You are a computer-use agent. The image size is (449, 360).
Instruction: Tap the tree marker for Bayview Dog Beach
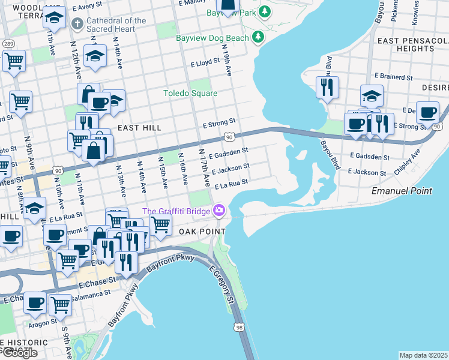(x=258, y=38)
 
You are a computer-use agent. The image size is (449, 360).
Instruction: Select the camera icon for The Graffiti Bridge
(x=218, y=211)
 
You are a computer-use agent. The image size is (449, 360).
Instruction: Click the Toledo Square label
(x=190, y=93)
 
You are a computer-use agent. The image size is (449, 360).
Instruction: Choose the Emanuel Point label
(x=402, y=191)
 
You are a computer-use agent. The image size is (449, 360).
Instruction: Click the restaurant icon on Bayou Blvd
(x=327, y=87)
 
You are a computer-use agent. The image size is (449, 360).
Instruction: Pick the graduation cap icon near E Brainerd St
(x=372, y=95)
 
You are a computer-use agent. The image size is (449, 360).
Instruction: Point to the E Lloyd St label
(x=205, y=62)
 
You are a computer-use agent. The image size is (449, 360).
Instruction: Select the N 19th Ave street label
(x=226, y=60)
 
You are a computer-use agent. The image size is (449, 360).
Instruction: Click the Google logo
(x=19, y=353)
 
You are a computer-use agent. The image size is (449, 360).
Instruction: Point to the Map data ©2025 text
(x=423, y=355)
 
